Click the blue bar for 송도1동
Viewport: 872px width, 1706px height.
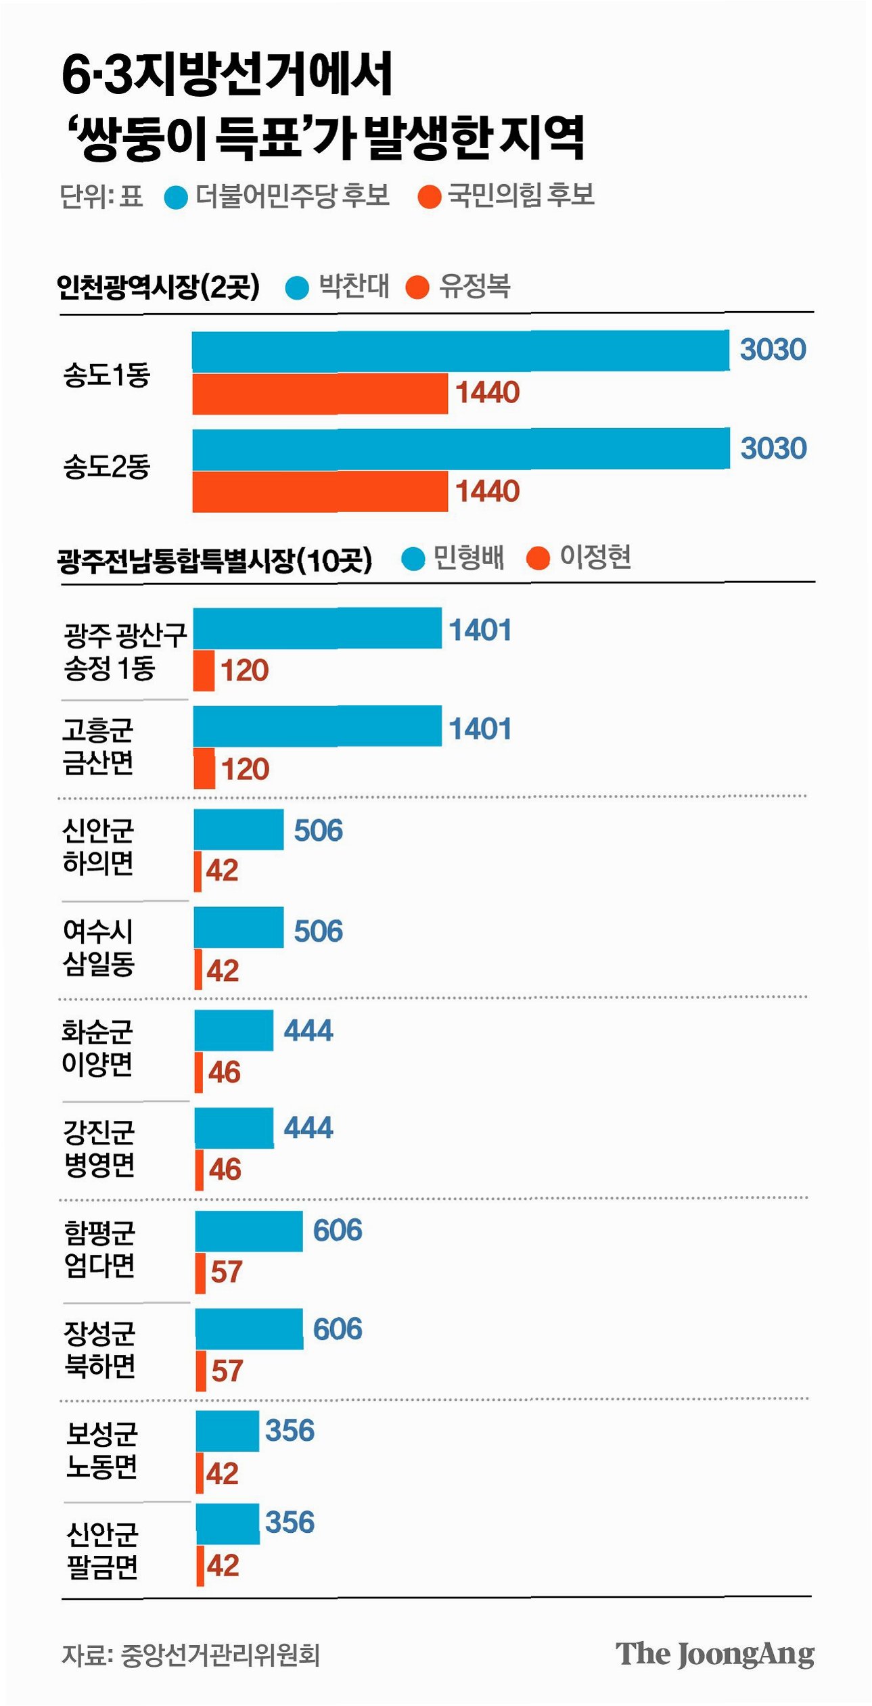tap(461, 350)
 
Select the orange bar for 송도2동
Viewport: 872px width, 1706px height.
tap(320, 491)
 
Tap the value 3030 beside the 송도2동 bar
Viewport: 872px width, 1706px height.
tap(773, 448)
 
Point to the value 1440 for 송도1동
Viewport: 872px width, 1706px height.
tap(487, 392)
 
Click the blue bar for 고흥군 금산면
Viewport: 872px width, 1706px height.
tap(317, 726)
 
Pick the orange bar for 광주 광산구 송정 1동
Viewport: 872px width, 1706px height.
tap(204, 670)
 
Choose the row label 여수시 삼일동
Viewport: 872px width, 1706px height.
tap(99, 947)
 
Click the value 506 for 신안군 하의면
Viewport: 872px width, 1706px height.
tap(318, 830)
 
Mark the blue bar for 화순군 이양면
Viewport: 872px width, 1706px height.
tap(234, 1030)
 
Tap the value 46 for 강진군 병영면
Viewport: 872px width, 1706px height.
tap(225, 1170)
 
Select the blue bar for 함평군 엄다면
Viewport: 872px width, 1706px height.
tap(249, 1231)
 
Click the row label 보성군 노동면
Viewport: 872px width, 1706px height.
tap(101, 1450)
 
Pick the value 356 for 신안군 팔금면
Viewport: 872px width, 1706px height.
tap(290, 1522)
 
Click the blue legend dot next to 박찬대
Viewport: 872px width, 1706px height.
tap(297, 287)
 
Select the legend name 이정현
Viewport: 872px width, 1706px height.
tap(595, 557)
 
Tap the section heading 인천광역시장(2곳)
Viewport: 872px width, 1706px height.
tap(158, 287)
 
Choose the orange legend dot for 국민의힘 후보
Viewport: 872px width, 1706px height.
tap(430, 197)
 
